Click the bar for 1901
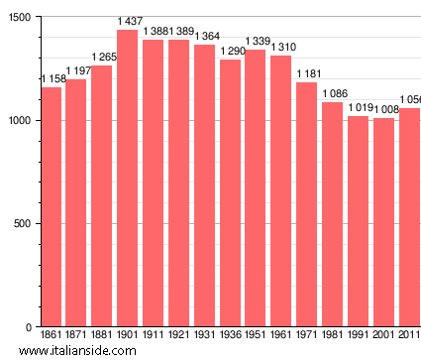point(127,179)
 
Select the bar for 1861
point(51,207)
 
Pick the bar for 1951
point(256,188)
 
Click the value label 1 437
point(128,21)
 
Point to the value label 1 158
point(52,78)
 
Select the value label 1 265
point(103,57)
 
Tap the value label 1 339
point(256,41)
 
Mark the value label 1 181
point(307,73)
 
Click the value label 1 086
point(333,93)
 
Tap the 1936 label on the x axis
point(230,336)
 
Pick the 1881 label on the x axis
point(102,336)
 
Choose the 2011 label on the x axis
point(408,336)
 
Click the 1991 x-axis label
point(358,336)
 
